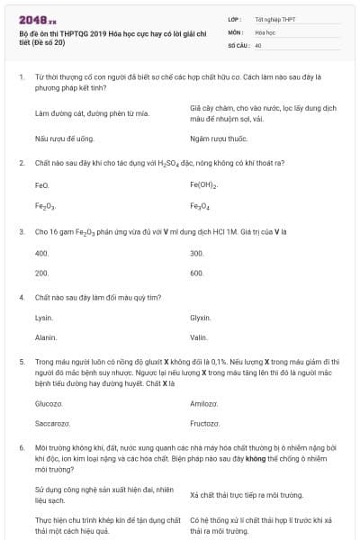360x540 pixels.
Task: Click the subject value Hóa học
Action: click(265, 31)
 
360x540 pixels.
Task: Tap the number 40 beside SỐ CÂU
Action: click(259, 44)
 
